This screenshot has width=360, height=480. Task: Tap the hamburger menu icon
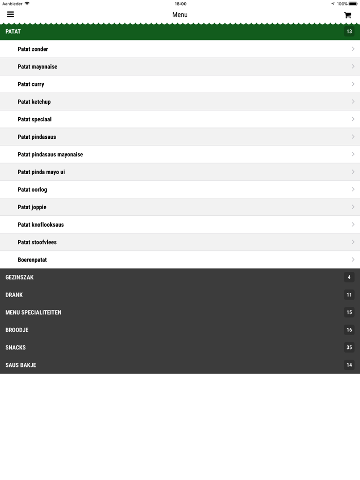click(x=10, y=14)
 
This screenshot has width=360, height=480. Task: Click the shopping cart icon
click(x=348, y=15)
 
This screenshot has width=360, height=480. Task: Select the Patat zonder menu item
click(x=33, y=49)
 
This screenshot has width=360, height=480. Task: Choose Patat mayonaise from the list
click(x=38, y=67)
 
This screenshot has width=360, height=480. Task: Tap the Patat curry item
click(x=31, y=84)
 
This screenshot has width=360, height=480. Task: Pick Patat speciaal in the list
click(x=34, y=119)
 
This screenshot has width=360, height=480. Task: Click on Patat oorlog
click(x=32, y=190)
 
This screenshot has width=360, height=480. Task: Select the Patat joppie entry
click(x=32, y=207)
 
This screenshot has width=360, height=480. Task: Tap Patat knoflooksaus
click(x=41, y=225)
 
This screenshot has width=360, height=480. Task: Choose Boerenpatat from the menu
click(x=32, y=260)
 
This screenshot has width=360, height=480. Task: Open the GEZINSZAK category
click(x=20, y=278)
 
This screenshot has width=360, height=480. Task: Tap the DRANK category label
click(x=14, y=295)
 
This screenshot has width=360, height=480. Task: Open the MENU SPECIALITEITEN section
click(x=33, y=312)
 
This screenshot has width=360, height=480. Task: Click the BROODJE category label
click(x=17, y=330)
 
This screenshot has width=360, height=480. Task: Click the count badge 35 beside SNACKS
click(x=349, y=347)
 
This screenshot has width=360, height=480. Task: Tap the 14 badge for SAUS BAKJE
click(x=349, y=365)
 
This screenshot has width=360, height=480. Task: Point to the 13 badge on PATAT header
click(x=349, y=31)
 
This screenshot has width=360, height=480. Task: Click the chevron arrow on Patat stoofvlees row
click(x=353, y=242)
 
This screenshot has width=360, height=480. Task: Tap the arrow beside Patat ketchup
click(x=353, y=102)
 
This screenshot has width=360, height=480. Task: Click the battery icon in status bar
click(x=353, y=4)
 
